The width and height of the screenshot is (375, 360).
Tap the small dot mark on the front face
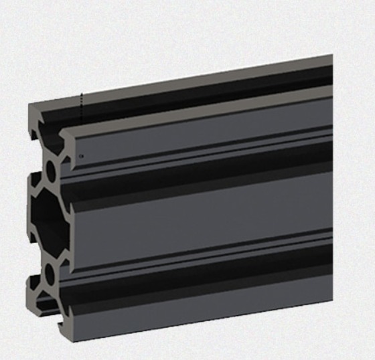81,155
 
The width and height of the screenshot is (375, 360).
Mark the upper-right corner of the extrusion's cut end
332,56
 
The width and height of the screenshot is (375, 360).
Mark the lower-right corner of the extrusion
331,300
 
